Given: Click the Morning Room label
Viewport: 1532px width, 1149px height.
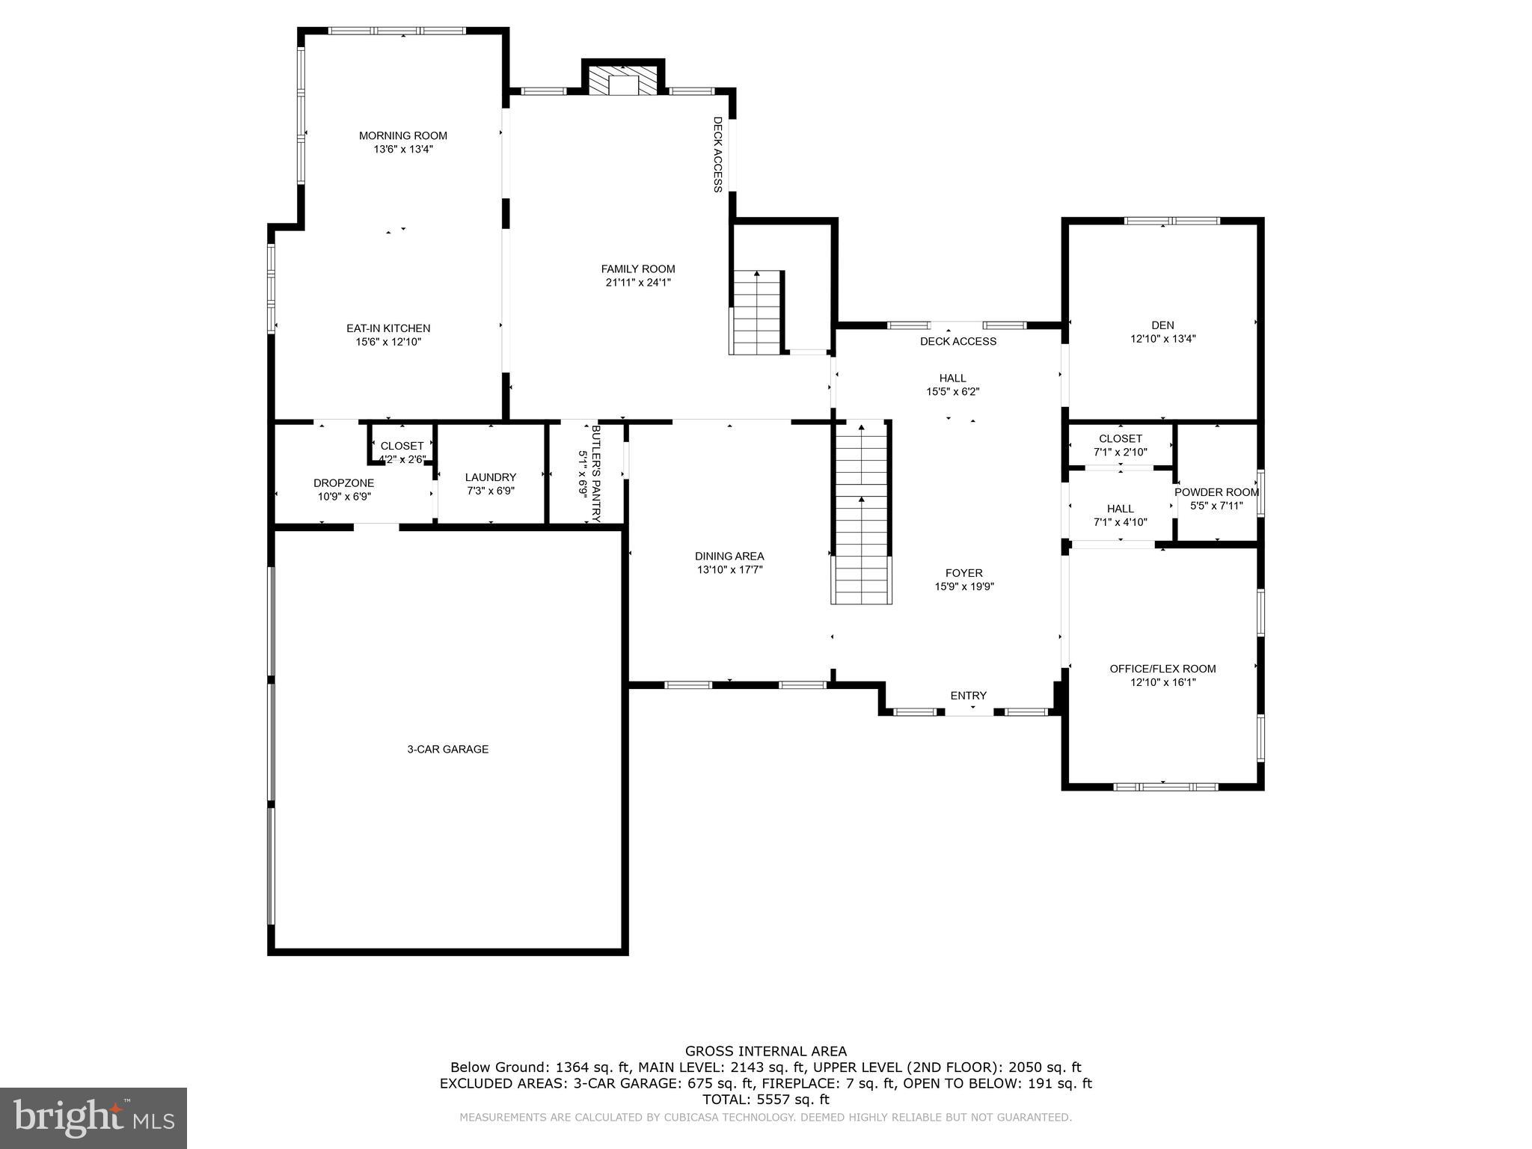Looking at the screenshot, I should pos(402,135).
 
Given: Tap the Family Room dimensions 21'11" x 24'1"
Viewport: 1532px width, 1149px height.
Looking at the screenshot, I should pos(638,283).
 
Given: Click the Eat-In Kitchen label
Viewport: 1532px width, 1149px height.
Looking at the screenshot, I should pos(388,328).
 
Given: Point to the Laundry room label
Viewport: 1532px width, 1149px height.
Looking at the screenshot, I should pos(490,477).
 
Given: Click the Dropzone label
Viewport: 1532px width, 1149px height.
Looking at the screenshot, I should pos(343,483).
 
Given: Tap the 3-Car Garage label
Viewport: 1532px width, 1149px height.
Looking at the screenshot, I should pos(447,749).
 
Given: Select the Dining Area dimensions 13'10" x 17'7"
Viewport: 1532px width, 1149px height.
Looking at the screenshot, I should pos(729,570).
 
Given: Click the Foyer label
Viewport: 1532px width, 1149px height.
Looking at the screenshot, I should pos(963,573).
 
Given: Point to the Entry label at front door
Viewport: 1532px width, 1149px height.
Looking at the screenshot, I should pos(968,696).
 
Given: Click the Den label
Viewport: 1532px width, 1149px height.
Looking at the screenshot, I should pos(1162,325).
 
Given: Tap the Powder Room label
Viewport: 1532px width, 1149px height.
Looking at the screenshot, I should pos(1216,492).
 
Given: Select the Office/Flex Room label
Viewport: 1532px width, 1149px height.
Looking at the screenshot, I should pos(1162,669).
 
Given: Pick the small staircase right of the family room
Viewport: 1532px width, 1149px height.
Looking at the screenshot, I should pos(756,313).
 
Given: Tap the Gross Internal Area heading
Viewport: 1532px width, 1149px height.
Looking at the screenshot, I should pos(765,1051).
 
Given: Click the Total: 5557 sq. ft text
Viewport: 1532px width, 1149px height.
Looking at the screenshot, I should pos(765,1100).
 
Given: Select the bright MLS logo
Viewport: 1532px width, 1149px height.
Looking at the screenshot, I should pos(94,1118).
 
